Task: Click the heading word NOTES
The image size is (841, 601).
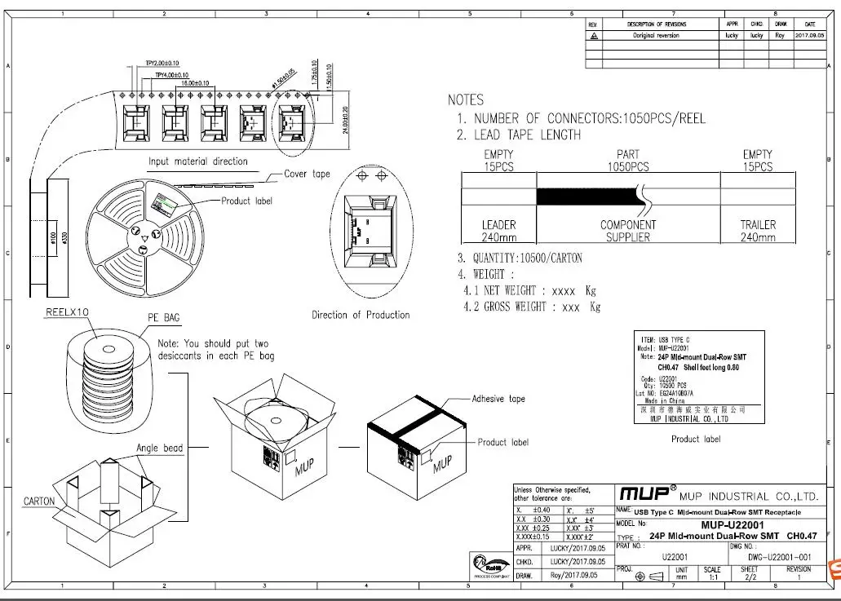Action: click(466, 99)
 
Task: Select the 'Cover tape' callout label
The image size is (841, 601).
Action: click(307, 174)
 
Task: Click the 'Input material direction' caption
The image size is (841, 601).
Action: click(197, 161)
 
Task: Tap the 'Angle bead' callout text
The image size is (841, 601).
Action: click(161, 448)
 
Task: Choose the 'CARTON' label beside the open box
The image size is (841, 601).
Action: click(39, 501)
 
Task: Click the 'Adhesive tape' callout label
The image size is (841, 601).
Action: click(500, 400)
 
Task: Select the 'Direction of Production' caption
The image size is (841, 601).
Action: click(361, 315)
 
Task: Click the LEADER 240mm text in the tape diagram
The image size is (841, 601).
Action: click(498, 231)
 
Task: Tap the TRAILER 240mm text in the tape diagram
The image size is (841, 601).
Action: click(758, 231)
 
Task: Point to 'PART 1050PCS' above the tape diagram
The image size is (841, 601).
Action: click(628, 161)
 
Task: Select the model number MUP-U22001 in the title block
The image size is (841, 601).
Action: click(733, 524)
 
